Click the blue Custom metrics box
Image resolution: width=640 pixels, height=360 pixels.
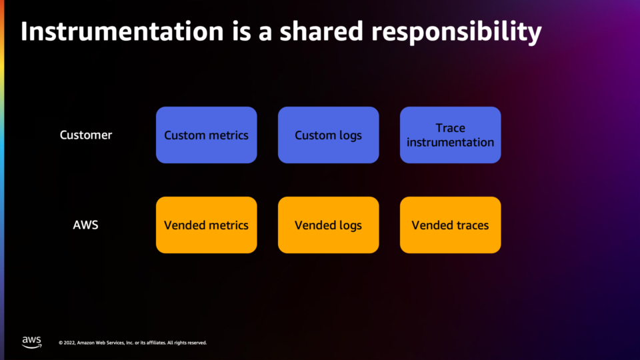point(206,135)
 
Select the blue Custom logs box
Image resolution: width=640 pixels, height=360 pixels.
point(328,135)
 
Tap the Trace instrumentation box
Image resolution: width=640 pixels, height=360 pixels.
point(450,135)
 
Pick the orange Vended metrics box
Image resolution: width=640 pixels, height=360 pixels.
point(206,225)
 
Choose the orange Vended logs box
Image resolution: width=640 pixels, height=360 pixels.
point(328,225)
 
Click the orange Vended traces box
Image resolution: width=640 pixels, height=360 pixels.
point(450,225)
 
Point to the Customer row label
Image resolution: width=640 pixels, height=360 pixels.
point(86,135)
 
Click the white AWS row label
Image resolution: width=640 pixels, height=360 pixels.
point(86,225)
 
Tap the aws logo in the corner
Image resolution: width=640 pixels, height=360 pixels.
point(32,342)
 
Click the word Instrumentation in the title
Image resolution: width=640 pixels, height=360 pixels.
point(122,31)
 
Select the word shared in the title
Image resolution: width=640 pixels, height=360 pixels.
point(321,31)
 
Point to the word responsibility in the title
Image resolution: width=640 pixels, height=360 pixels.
point(456,33)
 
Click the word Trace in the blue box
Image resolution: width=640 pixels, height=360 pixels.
point(450,128)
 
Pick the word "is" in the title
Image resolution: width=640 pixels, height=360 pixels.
point(241,31)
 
